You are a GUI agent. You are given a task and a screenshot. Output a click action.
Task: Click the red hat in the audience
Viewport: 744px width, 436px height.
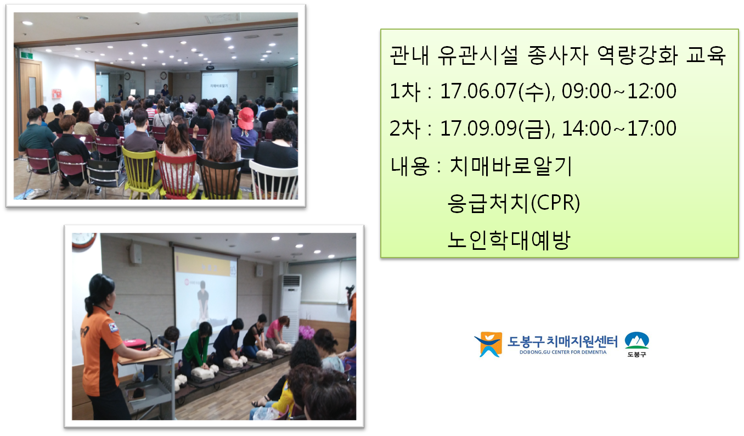(x=246, y=118)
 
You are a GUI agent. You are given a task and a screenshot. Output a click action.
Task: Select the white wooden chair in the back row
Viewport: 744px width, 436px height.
(x=273, y=180)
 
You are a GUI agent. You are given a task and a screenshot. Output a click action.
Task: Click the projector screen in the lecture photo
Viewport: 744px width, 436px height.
(x=219, y=86)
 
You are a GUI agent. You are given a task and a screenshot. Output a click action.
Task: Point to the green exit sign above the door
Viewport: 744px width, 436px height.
(x=27, y=54)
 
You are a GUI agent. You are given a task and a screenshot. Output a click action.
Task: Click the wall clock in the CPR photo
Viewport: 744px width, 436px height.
(x=83, y=240)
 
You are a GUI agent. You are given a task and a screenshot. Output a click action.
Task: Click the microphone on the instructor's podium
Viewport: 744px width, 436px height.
(x=134, y=327)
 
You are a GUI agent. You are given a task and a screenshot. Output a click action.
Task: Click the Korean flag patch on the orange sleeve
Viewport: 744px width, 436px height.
(x=114, y=327)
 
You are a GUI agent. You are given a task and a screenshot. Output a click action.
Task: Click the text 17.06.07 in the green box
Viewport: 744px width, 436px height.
(x=478, y=91)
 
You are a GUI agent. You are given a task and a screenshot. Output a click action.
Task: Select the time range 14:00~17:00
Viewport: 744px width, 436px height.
(x=619, y=128)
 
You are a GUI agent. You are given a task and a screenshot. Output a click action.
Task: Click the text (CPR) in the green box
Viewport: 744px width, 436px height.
(x=555, y=203)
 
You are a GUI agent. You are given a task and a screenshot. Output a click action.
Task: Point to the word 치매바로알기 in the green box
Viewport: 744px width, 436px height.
(x=511, y=166)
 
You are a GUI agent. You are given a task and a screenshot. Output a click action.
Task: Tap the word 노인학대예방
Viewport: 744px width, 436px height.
(x=509, y=239)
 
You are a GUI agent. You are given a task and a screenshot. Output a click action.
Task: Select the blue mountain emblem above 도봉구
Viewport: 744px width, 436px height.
(x=636, y=340)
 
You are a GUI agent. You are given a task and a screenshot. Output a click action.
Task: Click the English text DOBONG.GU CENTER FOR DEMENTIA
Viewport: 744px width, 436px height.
(x=563, y=352)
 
